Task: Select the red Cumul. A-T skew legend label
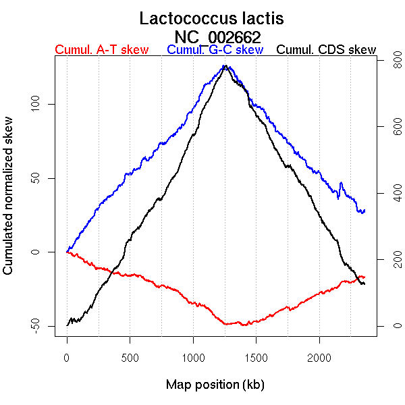click(x=101, y=50)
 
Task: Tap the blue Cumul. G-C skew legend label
click(x=215, y=50)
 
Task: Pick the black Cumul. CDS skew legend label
click(x=327, y=50)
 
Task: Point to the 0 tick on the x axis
click(x=67, y=357)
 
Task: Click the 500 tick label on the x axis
click(x=130, y=357)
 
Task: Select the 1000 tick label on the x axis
click(x=193, y=357)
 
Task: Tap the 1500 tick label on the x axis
click(x=256, y=357)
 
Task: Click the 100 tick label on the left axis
click(x=38, y=104)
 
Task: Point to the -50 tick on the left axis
click(x=38, y=326)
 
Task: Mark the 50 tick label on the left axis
click(x=38, y=178)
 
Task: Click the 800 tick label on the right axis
click(x=389, y=61)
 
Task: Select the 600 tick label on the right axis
click(x=389, y=128)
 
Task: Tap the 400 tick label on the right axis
click(x=389, y=194)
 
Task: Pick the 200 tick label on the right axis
click(x=389, y=260)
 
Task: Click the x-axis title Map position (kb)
click(x=215, y=385)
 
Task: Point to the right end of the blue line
click(x=364, y=211)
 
